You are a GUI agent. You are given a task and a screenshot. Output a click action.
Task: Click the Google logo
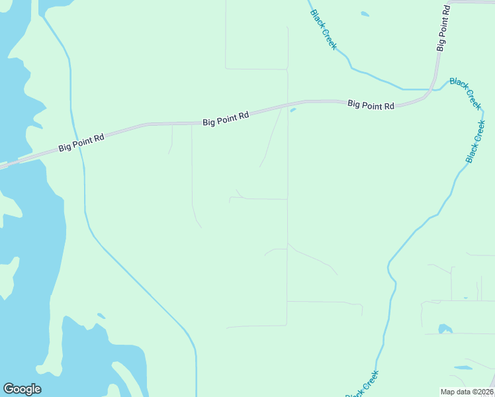22,389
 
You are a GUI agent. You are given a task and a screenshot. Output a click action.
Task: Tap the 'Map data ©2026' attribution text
467,391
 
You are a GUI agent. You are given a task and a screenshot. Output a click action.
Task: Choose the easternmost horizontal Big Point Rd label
371,105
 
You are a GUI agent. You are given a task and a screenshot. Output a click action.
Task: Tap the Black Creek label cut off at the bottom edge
363,384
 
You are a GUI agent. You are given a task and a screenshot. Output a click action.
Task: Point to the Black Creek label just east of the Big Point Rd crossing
465,93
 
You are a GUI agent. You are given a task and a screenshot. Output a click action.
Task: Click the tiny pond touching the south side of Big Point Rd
292,110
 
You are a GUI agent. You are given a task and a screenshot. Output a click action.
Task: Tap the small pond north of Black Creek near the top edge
365,13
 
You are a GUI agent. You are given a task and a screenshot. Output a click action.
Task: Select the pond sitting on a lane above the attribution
445,329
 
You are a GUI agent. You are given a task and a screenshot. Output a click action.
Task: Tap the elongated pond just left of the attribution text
463,367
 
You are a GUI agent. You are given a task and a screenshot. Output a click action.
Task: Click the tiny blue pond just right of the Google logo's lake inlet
101,316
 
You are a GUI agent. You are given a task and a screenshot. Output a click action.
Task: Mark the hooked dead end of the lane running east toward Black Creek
361,311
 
